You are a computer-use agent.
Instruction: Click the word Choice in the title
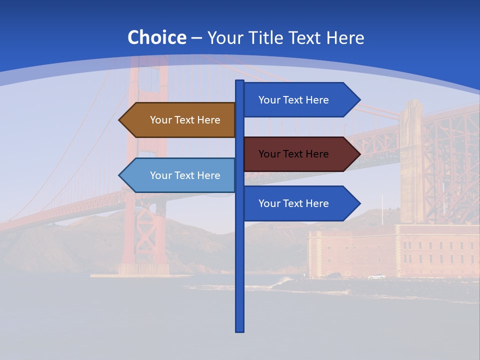coord(156,37)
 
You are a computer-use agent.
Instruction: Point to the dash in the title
coord(196,38)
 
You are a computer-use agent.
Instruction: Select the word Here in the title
coord(345,37)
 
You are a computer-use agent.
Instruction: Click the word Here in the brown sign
coord(208,120)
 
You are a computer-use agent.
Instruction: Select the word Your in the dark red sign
coord(269,154)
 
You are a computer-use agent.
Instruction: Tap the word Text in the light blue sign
coord(184,175)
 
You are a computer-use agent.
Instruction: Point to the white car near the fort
coord(376,276)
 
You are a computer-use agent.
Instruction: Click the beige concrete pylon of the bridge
coord(411,160)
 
